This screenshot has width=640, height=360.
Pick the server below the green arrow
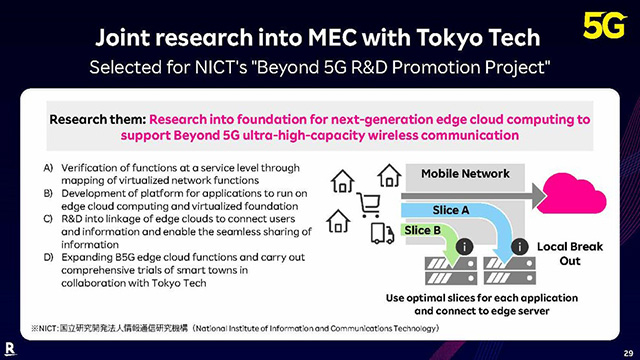click(x=444, y=271)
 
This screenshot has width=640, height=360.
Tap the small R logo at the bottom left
click(x=11, y=346)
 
